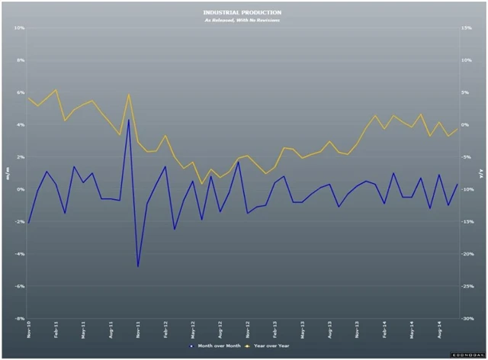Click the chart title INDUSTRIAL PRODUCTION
[x=242, y=12]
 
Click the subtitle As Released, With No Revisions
[x=242, y=20]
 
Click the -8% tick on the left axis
[x=21, y=319]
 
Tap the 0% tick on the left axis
[x=21, y=189]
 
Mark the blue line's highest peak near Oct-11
[x=129, y=119]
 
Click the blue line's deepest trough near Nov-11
[x=138, y=266]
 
